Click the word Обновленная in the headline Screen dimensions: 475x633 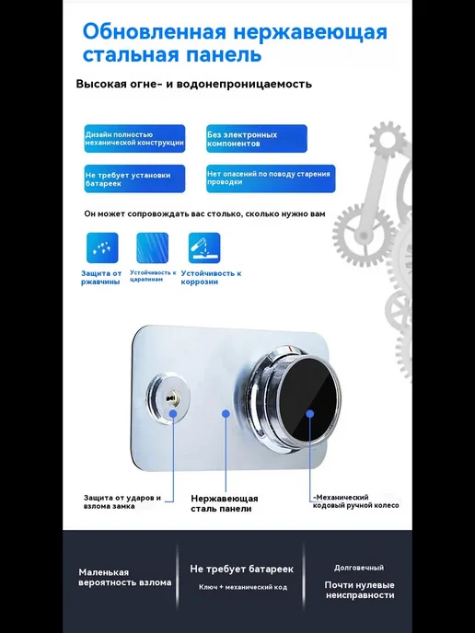(155, 31)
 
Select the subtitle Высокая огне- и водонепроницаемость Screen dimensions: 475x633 (194, 84)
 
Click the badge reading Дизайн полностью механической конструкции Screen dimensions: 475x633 (135, 138)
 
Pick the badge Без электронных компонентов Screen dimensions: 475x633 (257, 138)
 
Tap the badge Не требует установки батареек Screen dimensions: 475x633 (135, 178)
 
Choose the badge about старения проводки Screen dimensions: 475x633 (271, 178)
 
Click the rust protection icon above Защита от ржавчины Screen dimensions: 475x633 (102, 247)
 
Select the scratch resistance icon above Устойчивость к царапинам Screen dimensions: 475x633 (152, 247)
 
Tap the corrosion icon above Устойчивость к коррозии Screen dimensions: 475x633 (204, 247)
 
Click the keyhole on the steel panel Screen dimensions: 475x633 (170, 398)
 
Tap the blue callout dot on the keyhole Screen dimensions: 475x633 (173, 413)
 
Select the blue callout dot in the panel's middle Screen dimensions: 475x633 (226, 414)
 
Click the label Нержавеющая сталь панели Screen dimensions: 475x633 (225, 503)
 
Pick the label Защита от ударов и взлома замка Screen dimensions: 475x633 (122, 501)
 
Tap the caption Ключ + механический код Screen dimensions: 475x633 (243, 587)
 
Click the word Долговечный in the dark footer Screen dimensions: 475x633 (359, 568)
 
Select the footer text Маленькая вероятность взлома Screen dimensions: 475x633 (125, 577)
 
